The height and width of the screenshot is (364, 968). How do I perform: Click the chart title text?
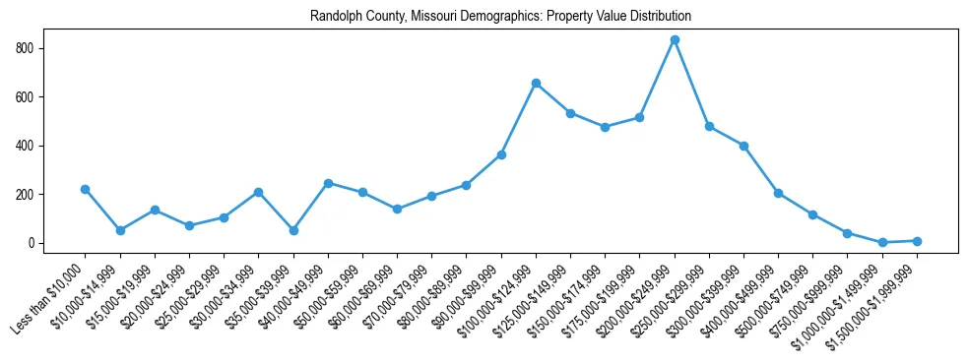(x=500, y=17)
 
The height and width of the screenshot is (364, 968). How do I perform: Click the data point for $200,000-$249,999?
(x=675, y=39)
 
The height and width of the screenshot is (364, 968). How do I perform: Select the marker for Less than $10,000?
(x=86, y=189)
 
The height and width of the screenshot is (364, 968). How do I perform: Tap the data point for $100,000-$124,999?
(x=536, y=83)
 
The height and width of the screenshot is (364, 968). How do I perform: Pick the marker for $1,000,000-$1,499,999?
(x=882, y=242)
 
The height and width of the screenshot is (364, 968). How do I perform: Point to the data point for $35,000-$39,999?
(x=293, y=230)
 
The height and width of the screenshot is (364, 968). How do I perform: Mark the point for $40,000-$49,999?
(x=328, y=183)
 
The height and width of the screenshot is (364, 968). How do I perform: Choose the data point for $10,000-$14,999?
(x=120, y=230)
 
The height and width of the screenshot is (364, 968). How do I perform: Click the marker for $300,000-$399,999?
(x=743, y=146)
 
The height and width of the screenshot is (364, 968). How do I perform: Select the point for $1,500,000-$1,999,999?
(x=917, y=241)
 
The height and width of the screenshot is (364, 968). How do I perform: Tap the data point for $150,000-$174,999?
(x=605, y=127)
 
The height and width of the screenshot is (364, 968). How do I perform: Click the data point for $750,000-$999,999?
(x=848, y=233)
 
